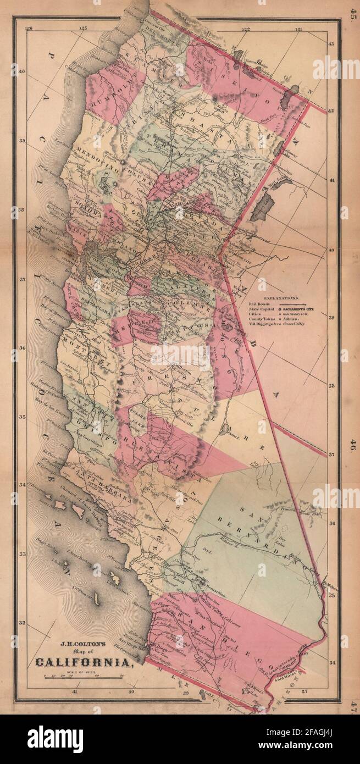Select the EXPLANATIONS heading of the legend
coord(280,295)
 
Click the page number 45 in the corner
coord(351,12)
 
